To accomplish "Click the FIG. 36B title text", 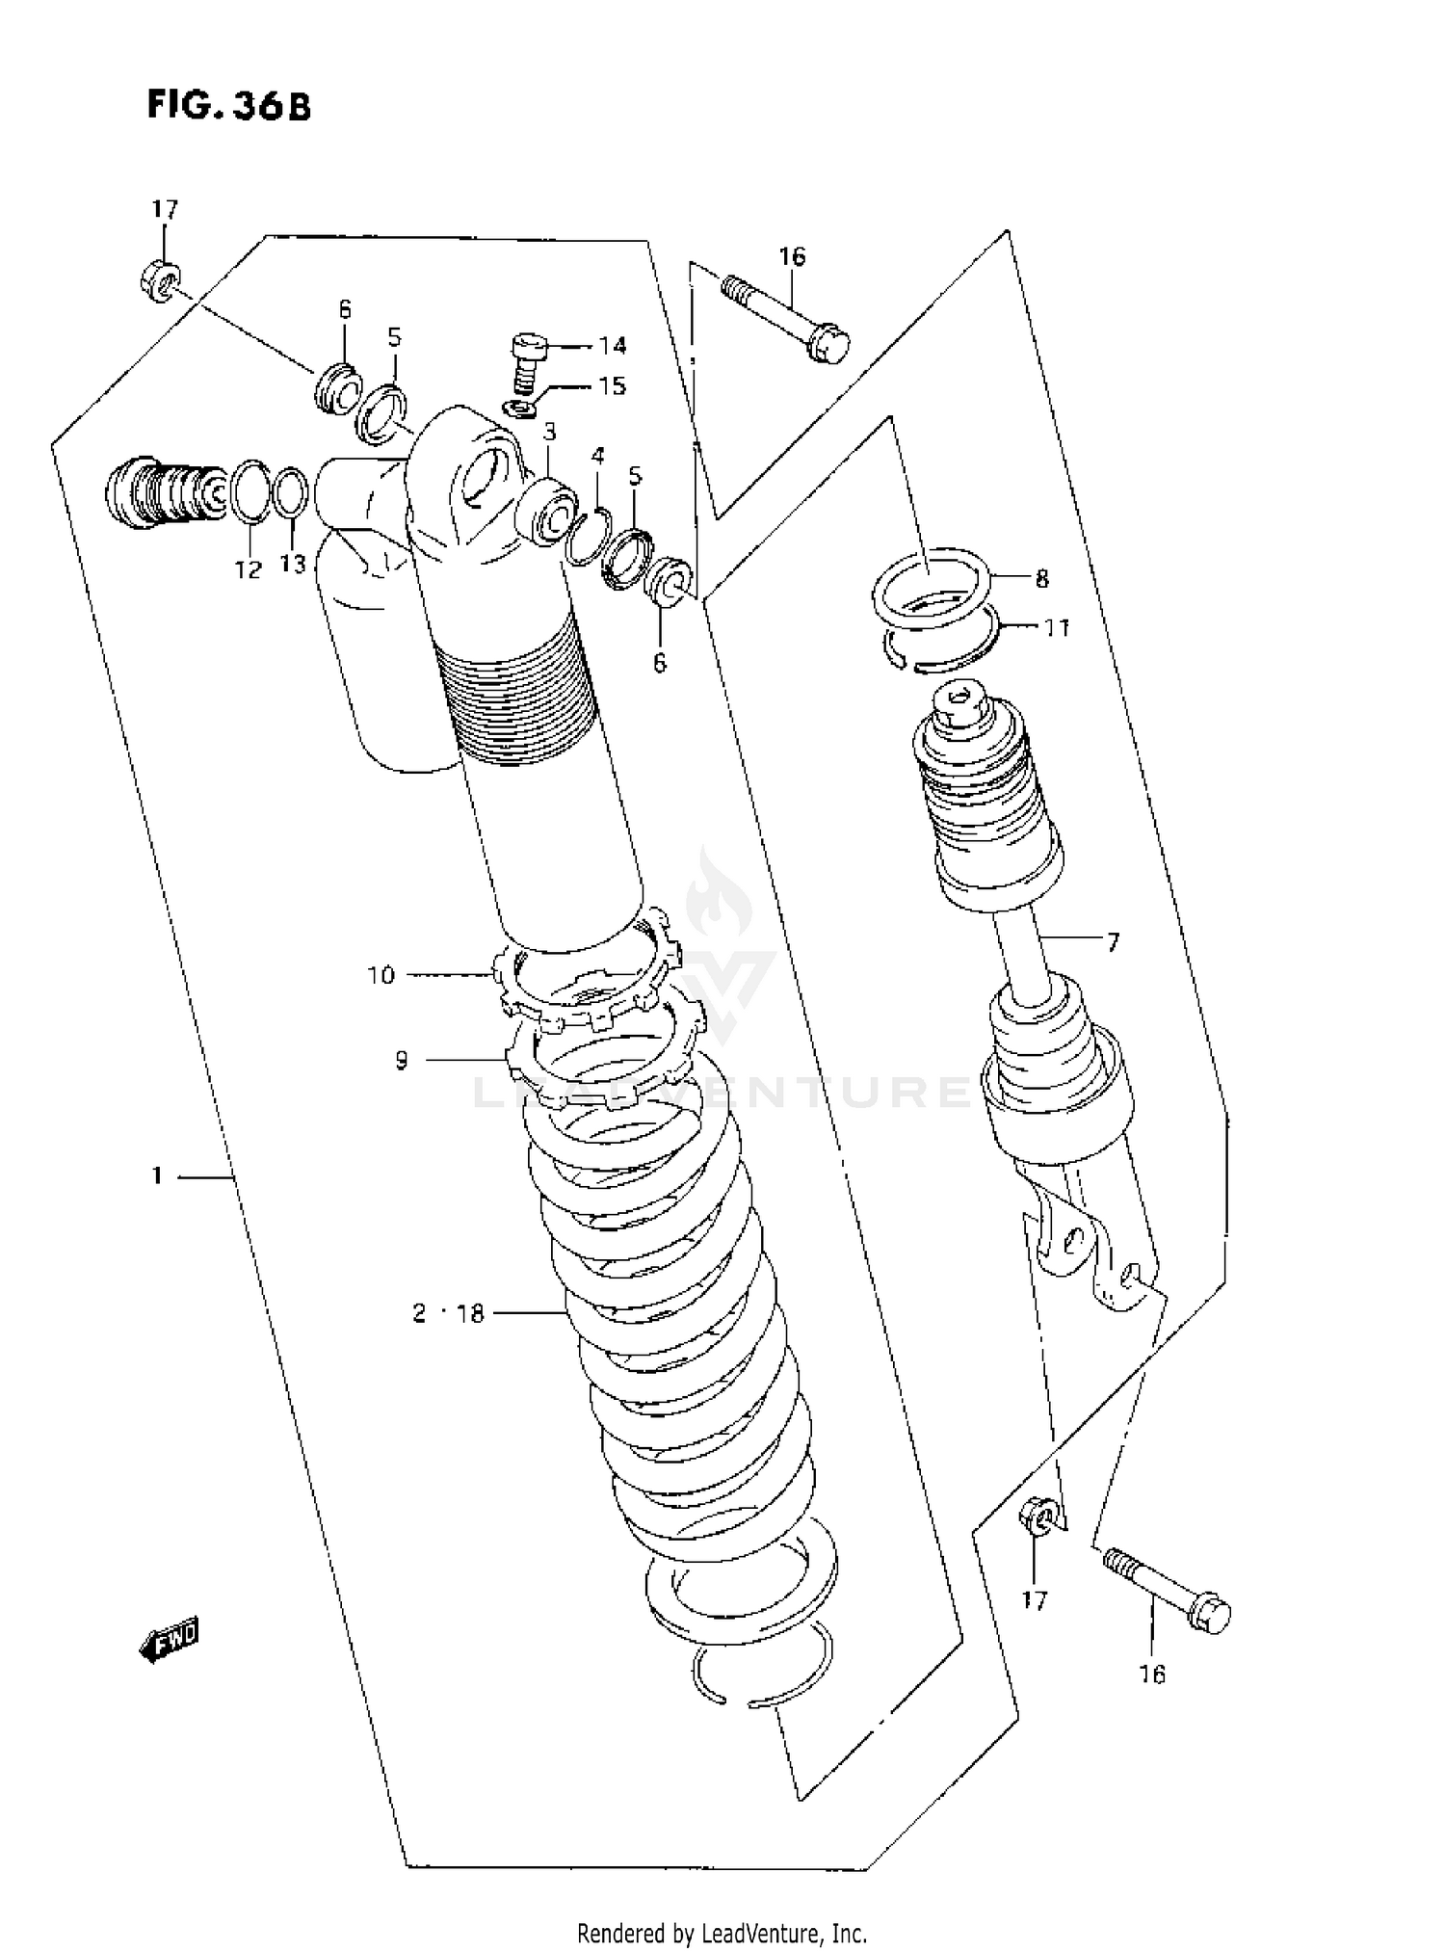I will pos(228,105).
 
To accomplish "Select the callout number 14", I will pos(612,345).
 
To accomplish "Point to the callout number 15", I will pos(612,385).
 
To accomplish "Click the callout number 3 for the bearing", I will pos(549,431).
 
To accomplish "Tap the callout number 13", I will pos(292,564).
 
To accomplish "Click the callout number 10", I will pos(381,975).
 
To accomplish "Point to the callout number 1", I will pos(156,1175).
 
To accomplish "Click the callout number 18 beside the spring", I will pos(470,1313).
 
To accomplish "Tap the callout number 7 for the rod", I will pos(1113,941).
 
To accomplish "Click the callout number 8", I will pos(1041,578).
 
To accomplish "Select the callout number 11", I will pos(1057,627).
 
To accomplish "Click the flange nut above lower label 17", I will pos(1038,1520).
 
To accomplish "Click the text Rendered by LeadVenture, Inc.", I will pos(722,1932).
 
